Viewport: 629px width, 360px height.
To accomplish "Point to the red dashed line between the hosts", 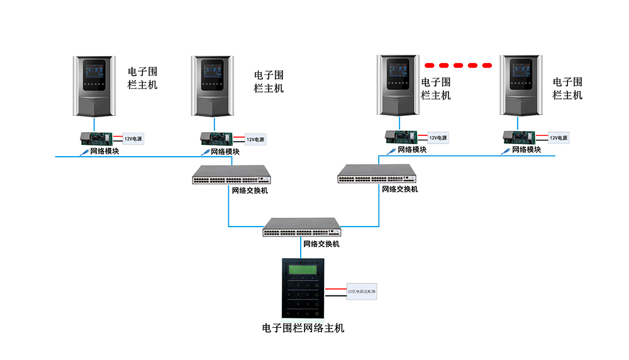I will [459, 65].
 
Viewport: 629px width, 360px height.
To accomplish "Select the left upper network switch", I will [232, 174].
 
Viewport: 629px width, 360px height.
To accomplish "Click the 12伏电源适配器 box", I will [362, 292].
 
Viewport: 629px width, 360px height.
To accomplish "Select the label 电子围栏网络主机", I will [303, 328].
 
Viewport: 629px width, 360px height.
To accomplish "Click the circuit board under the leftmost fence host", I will [95, 138].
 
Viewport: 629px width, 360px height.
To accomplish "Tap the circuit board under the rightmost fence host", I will [520, 137].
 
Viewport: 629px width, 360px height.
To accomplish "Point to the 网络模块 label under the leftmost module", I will [103, 151].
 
